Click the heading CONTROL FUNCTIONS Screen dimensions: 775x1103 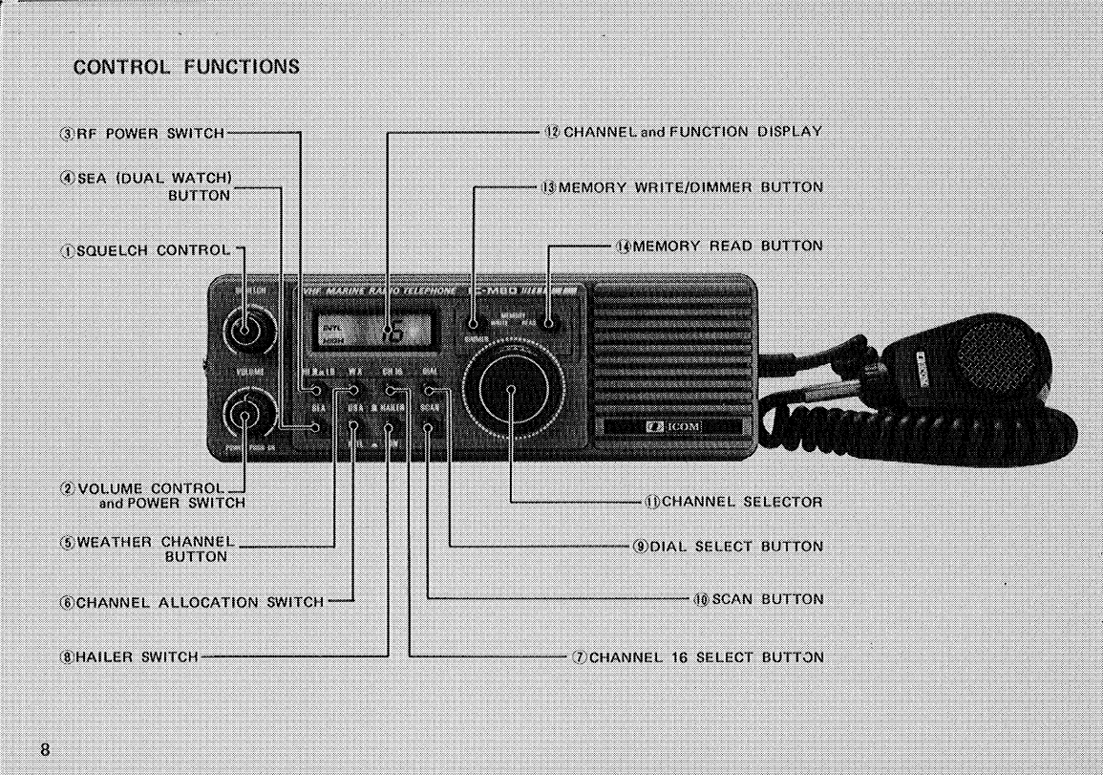coord(186,67)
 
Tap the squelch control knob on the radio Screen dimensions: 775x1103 coord(244,332)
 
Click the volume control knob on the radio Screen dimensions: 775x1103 coord(244,416)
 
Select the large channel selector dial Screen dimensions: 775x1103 coord(511,390)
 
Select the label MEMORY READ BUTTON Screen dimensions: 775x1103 coord(718,246)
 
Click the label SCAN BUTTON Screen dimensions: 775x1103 coord(757,599)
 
